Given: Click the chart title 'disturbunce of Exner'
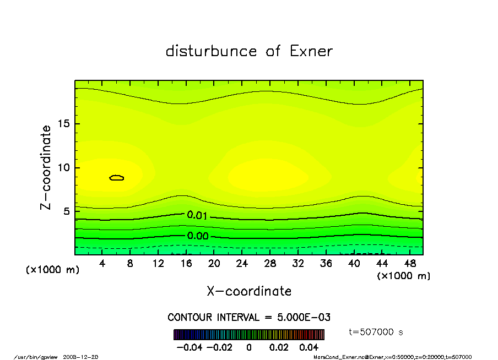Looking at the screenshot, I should pyautogui.click(x=249, y=51).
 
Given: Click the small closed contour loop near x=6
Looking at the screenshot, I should pyautogui.click(x=117, y=178).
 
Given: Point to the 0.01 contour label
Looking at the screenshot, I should pyautogui.click(x=197, y=215).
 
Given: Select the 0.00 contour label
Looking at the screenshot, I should pyautogui.click(x=197, y=236).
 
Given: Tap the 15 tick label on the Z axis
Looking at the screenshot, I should pyautogui.click(x=64, y=124).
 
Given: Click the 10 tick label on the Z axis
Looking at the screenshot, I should pyautogui.click(x=64, y=168).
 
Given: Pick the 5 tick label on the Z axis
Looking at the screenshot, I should pyautogui.click(x=67, y=211).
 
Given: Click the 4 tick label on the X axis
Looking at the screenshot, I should pyautogui.click(x=102, y=264).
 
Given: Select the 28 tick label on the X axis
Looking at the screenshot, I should pyautogui.click(x=270, y=264).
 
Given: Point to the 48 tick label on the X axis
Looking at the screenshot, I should pyautogui.click(x=410, y=264).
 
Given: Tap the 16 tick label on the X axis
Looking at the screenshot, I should pyautogui.click(x=186, y=264).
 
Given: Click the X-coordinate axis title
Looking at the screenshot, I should pyautogui.click(x=249, y=291).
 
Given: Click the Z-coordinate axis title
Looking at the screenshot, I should pyautogui.click(x=46, y=167).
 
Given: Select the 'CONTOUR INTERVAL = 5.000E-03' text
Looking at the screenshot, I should pyautogui.click(x=249, y=318).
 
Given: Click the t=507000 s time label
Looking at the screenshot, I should pyautogui.click(x=377, y=332).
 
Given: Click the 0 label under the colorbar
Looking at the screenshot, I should pyautogui.click(x=249, y=347).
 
